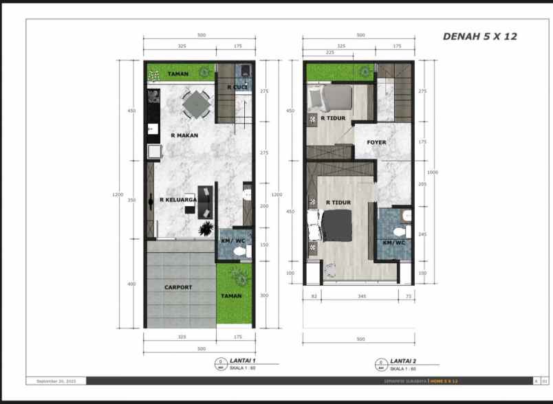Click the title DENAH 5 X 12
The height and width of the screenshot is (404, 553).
click(x=479, y=36)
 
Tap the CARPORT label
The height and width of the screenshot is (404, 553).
click(x=178, y=287)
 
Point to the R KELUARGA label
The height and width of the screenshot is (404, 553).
click(x=178, y=200)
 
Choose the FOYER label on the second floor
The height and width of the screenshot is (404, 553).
click(x=376, y=142)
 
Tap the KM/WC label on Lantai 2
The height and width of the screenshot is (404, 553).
click(x=393, y=243)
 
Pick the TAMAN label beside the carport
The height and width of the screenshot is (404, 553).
click(x=231, y=295)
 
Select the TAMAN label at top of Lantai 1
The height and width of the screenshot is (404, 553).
click(x=178, y=74)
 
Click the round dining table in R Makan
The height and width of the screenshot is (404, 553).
click(x=196, y=104)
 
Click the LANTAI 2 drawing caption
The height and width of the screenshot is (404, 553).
click(x=404, y=361)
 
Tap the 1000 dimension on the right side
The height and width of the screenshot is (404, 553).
click(x=432, y=172)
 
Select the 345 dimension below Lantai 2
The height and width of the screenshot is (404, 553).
click(x=362, y=296)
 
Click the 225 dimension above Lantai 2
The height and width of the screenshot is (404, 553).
click(x=329, y=52)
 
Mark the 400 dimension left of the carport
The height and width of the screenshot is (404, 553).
click(x=131, y=283)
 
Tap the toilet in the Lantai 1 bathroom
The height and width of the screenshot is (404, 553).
click(x=239, y=252)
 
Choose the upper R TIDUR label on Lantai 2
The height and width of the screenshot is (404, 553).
click(x=333, y=117)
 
